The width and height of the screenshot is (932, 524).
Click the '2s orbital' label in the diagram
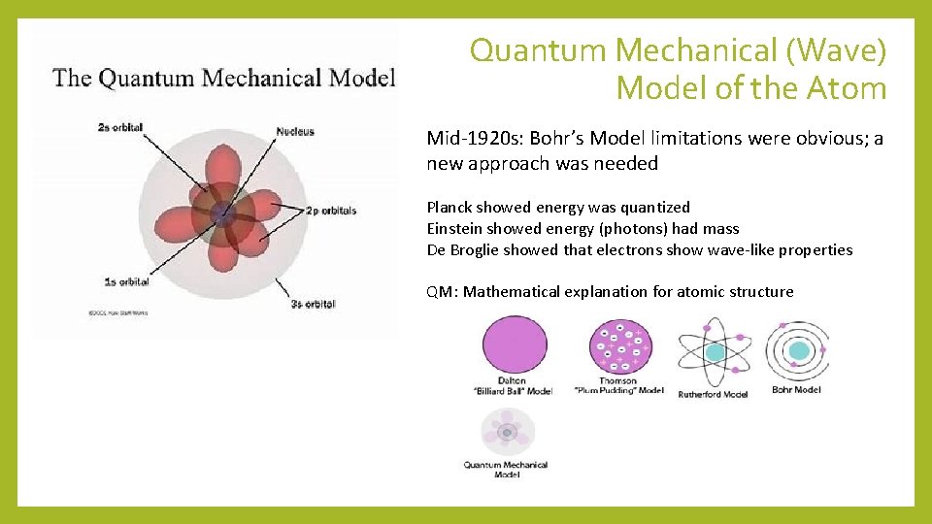[121, 128]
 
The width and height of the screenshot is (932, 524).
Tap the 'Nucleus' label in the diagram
[295, 131]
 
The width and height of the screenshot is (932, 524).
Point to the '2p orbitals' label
[331, 211]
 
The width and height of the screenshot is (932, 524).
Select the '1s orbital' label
[127, 281]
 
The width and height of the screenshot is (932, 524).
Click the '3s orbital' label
[312, 304]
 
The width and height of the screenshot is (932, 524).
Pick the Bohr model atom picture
[797, 350]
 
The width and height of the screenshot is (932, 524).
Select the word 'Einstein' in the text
[455, 228]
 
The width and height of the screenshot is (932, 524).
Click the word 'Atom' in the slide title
[846, 89]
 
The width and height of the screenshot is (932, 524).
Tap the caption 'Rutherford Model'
[713, 394]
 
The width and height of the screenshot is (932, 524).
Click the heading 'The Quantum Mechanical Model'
[224, 77]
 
